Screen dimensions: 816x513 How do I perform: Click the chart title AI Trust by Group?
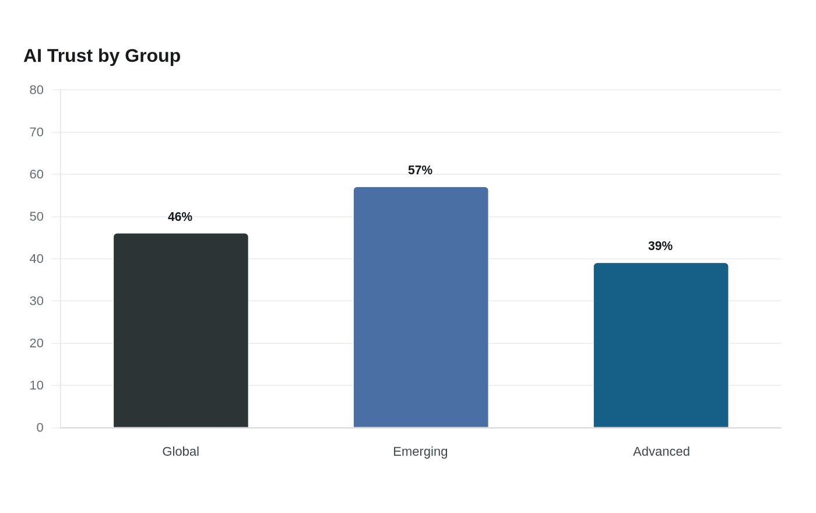coord(102,56)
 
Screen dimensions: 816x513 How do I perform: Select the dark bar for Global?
coord(181,331)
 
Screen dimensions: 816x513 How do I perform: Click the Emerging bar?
coord(421,307)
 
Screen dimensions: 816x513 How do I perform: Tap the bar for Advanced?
coord(661,345)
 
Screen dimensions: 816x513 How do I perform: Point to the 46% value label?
coord(180,217)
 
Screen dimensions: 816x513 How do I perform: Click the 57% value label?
coord(420,170)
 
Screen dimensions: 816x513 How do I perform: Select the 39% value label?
coord(660,246)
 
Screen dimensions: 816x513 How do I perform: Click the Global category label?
coord(181,451)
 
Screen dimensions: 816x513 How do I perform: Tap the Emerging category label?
coord(420,452)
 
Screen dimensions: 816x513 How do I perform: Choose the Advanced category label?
coord(661,451)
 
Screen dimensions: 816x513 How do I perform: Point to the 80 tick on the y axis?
coord(36,90)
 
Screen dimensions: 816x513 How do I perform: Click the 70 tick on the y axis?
coord(36,132)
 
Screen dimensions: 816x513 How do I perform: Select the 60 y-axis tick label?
coord(36,174)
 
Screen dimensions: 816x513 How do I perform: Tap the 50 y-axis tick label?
coord(36,217)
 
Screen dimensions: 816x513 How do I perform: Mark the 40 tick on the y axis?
coord(36,259)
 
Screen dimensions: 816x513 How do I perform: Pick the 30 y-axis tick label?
coord(36,301)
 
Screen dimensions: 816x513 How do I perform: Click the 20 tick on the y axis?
coord(36,343)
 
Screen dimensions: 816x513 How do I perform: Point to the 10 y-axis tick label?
coord(36,385)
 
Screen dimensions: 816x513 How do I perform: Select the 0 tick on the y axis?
coord(40,428)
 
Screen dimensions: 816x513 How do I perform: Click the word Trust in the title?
coord(70,56)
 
